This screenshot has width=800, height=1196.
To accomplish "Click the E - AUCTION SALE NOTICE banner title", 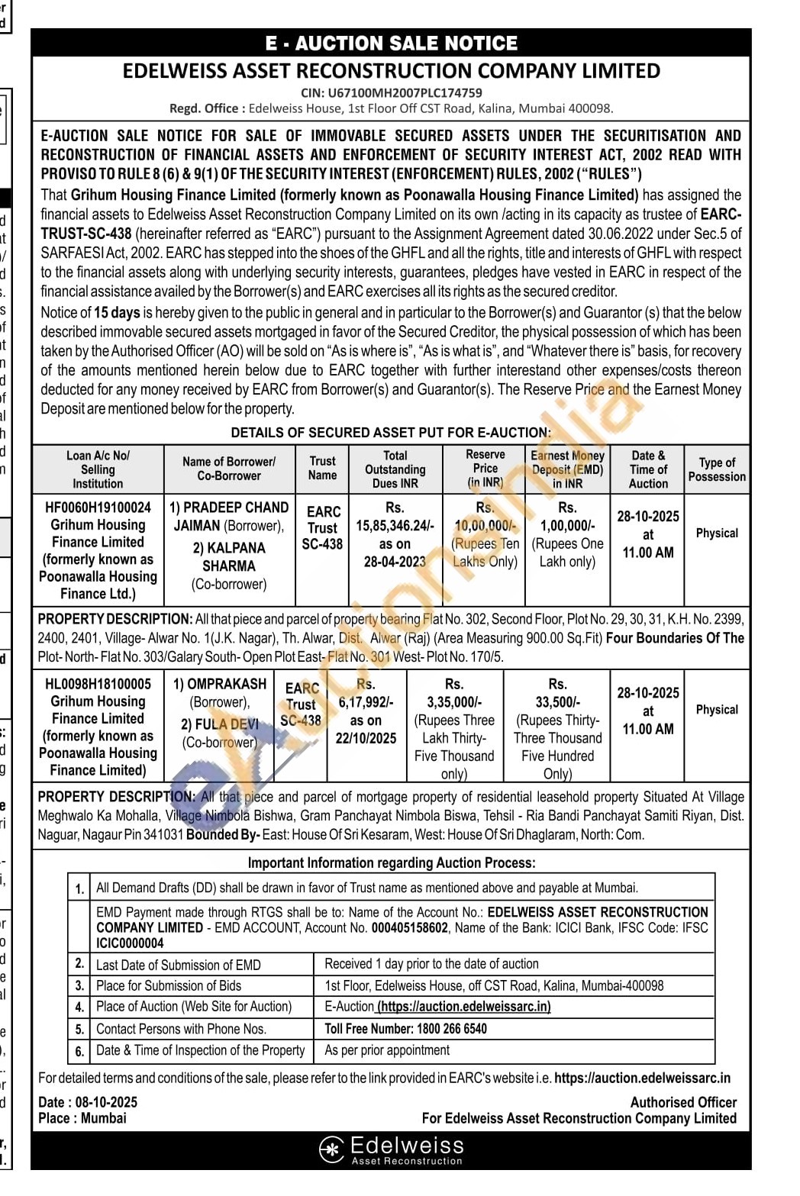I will (391, 44).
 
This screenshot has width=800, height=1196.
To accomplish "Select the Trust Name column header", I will (322, 468).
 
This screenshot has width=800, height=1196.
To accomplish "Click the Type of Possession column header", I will (717, 469).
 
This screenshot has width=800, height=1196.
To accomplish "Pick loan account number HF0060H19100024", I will (98, 508).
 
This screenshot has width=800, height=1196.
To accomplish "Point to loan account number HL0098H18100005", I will (98, 684).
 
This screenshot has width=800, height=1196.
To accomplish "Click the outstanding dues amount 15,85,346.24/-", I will (395, 525).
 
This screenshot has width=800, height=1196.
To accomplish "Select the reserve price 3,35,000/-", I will (454, 702).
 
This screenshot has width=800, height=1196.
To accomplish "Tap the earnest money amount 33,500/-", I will (557, 702).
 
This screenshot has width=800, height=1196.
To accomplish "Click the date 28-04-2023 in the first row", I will (395, 562).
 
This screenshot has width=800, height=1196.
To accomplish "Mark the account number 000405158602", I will (410, 927).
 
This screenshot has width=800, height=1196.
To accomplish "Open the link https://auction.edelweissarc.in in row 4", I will (464, 1007).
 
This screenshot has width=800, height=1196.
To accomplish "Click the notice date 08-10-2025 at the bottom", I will (106, 1102).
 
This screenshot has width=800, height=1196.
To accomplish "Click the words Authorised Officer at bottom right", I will (683, 1102).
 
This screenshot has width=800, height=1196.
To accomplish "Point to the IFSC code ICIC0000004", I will (130, 943).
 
